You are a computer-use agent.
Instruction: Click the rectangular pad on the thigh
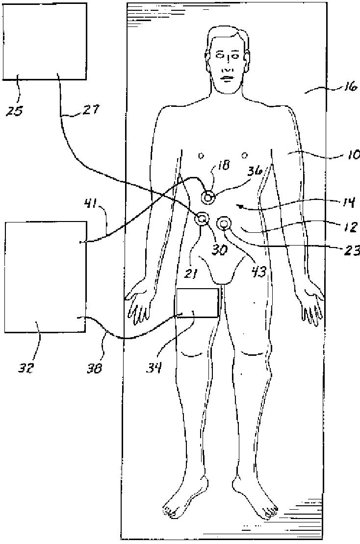click(198, 303)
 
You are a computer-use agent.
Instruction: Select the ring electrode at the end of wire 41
click(209, 198)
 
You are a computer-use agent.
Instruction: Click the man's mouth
click(227, 77)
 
